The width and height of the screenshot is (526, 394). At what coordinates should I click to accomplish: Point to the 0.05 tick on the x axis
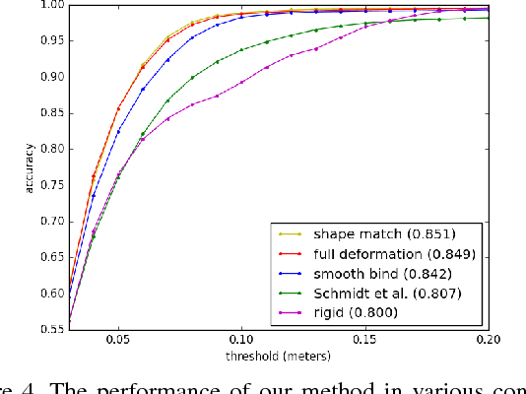point(118,334)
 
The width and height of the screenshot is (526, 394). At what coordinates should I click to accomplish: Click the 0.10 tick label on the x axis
point(241,334)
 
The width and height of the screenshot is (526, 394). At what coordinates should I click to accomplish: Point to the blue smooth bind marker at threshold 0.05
point(119,131)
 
